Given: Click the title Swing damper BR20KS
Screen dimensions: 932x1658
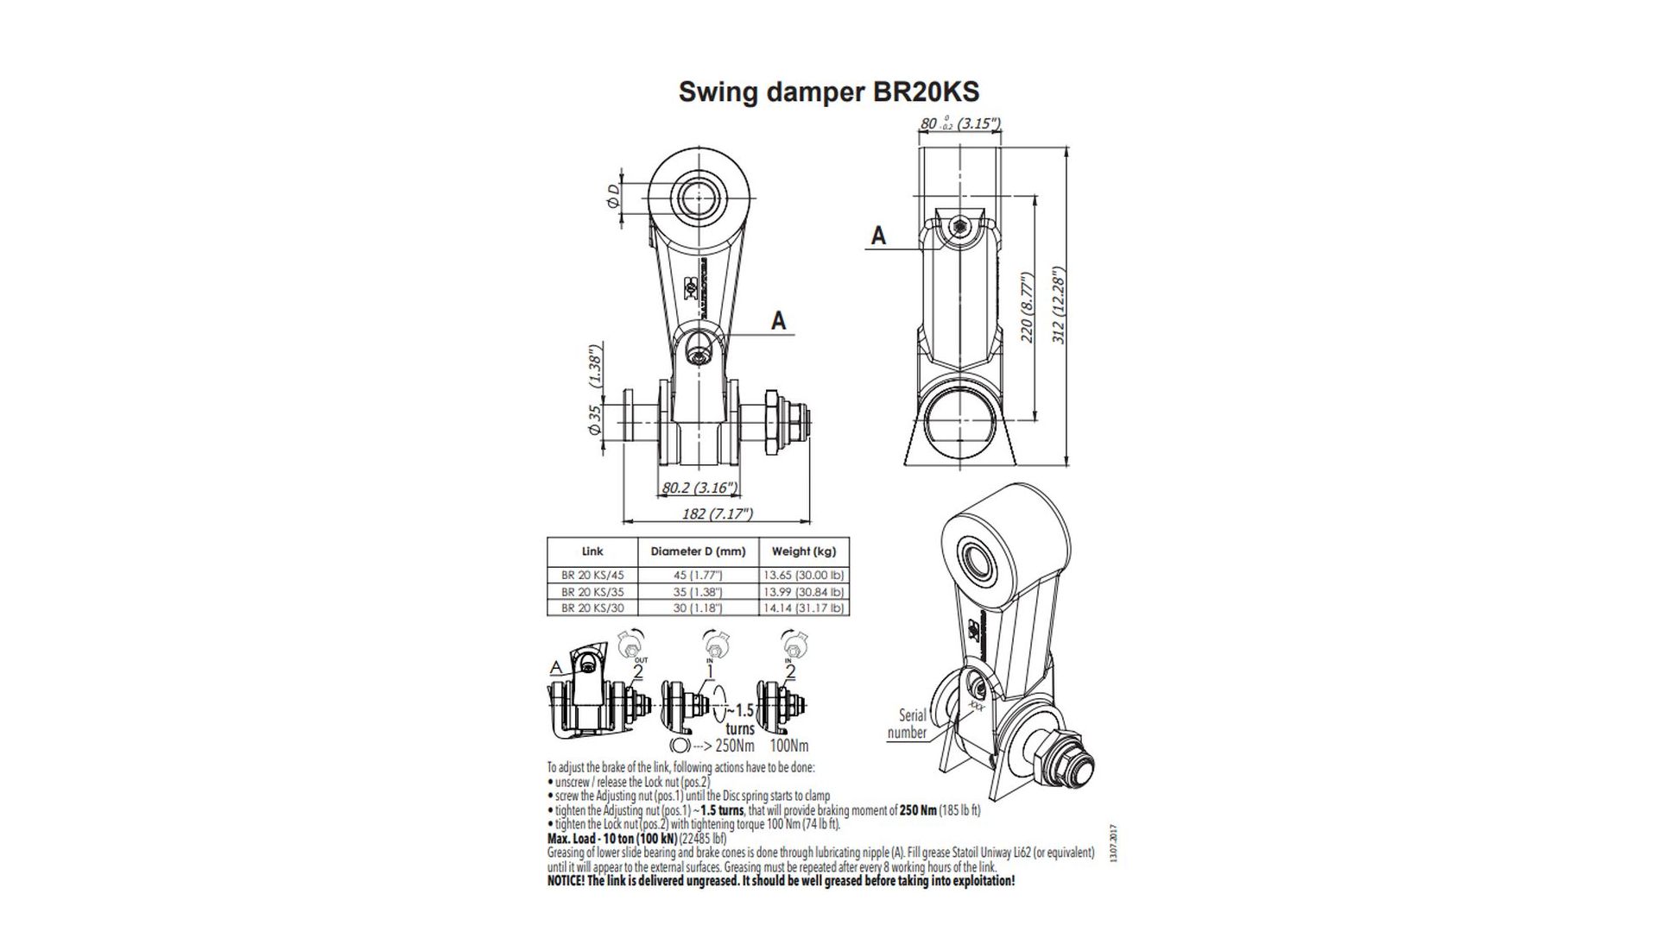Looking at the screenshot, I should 829,91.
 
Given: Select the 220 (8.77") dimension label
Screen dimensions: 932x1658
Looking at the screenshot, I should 1027,308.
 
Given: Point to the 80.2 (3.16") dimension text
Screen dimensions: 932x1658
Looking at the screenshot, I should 699,488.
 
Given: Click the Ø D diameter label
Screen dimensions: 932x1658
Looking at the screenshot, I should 612,196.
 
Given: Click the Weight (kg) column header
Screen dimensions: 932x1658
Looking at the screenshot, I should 803,551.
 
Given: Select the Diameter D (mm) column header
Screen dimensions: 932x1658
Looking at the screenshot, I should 697,551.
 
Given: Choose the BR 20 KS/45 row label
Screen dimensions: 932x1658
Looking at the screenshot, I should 592,576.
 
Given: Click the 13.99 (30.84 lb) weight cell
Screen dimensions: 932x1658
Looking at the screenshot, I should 803,592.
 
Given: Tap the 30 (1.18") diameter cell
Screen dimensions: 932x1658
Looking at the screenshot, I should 697,608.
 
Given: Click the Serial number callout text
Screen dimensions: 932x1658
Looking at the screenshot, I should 909,724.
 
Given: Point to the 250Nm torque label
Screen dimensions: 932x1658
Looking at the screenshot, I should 735,746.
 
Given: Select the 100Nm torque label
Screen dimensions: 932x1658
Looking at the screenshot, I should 789,746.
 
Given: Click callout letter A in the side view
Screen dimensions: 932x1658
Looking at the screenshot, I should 878,235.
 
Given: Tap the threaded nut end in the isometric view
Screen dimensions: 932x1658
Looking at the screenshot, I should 1074,763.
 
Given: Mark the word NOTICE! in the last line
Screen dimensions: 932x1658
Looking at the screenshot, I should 566,881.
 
